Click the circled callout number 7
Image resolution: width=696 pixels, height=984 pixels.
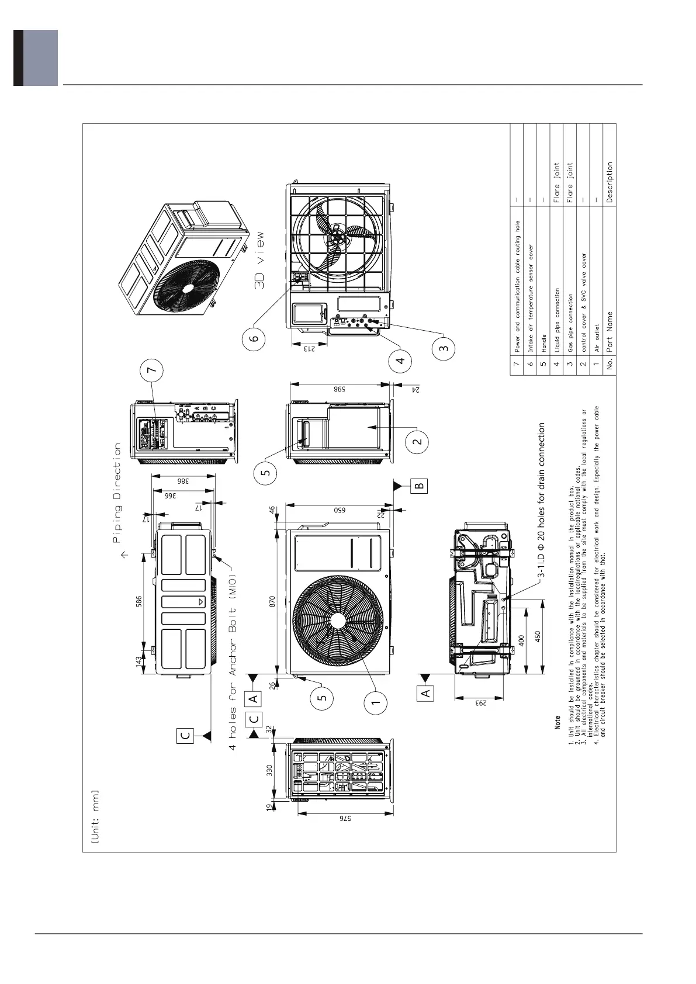[x=152, y=370]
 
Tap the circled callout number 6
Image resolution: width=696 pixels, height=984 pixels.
[x=257, y=338]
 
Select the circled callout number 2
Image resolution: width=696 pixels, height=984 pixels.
[x=417, y=441]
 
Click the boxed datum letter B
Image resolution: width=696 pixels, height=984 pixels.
[x=419, y=485]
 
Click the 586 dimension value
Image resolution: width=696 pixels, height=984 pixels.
[x=138, y=602]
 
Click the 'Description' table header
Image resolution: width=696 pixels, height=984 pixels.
[x=610, y=182]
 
